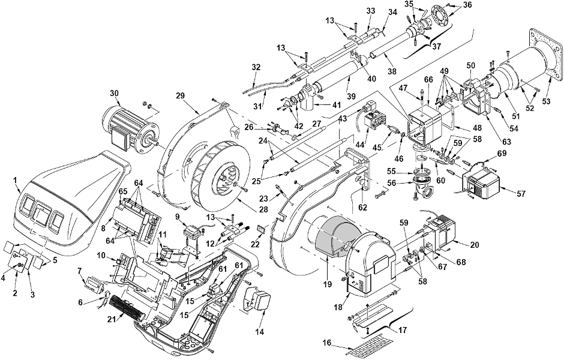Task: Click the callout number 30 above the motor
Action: [115, 92]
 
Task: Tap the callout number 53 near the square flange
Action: [546, 102]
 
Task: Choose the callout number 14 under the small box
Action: [259, 332]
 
